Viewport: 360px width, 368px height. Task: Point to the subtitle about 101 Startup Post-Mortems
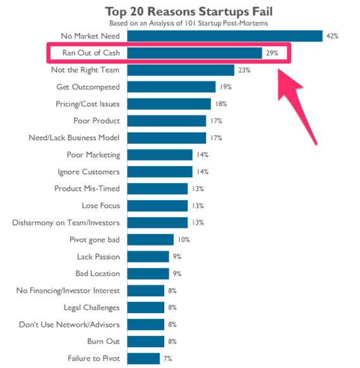180,23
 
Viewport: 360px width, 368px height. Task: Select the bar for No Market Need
225,36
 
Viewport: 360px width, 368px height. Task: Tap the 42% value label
332,36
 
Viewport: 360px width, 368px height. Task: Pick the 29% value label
272,53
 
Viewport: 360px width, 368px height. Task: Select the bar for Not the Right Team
181,70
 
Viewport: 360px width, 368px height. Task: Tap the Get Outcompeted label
88,86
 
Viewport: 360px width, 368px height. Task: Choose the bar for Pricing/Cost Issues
169,104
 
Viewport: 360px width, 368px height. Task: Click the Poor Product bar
167,121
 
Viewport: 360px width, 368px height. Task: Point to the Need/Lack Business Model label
75,138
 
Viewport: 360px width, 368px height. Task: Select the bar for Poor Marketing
160,155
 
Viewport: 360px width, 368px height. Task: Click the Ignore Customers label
88,172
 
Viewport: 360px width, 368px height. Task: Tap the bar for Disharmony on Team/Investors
157,222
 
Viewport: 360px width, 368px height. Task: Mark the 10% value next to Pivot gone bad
183,239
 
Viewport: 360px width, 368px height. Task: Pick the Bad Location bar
148,273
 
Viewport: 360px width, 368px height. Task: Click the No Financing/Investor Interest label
69,290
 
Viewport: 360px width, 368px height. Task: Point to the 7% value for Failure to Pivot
167,359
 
